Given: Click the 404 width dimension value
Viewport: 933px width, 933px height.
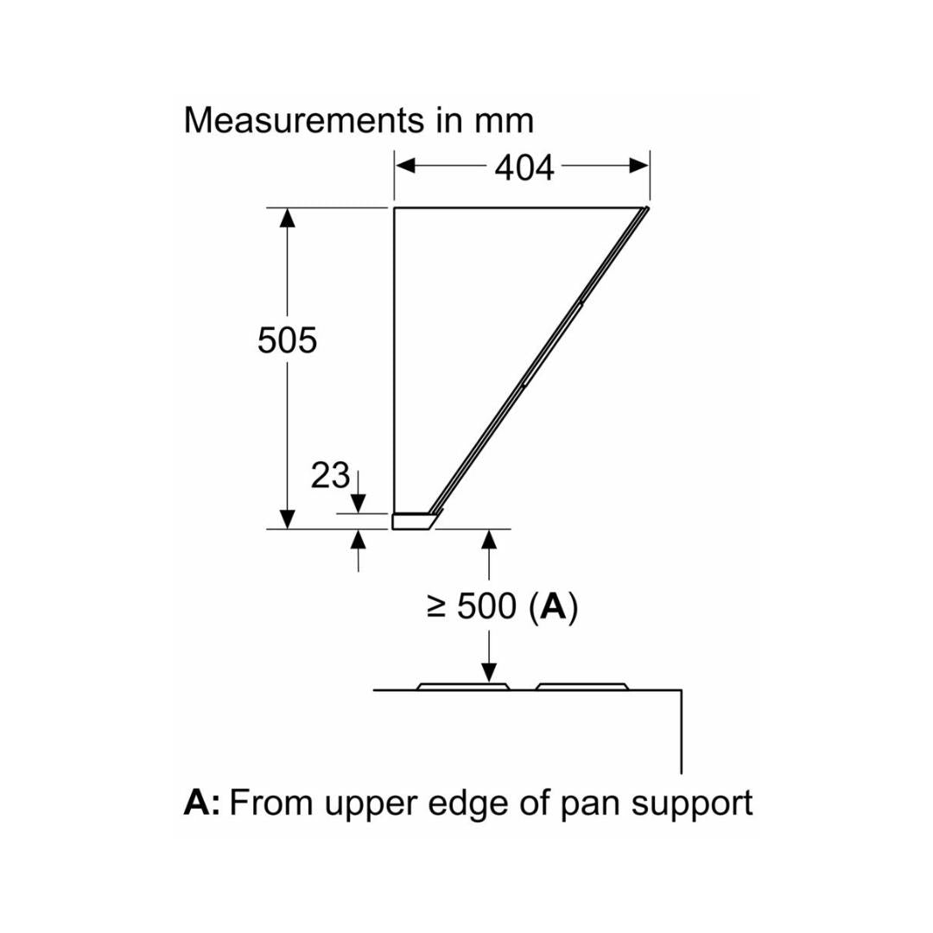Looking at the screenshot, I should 524,168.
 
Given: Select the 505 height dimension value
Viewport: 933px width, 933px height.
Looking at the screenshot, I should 287,341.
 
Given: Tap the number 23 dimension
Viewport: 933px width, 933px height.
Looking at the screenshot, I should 330,475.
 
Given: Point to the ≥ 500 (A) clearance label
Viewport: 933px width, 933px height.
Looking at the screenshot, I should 502,607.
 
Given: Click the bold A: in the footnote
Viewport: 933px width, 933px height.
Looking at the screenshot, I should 201,803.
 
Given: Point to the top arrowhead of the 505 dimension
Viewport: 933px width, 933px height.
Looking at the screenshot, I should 288,219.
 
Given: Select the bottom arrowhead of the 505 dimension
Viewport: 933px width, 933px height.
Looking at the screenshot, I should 288,518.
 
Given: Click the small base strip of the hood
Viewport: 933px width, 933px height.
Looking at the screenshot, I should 413,521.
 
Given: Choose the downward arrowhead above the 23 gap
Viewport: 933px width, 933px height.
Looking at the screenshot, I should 359,503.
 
